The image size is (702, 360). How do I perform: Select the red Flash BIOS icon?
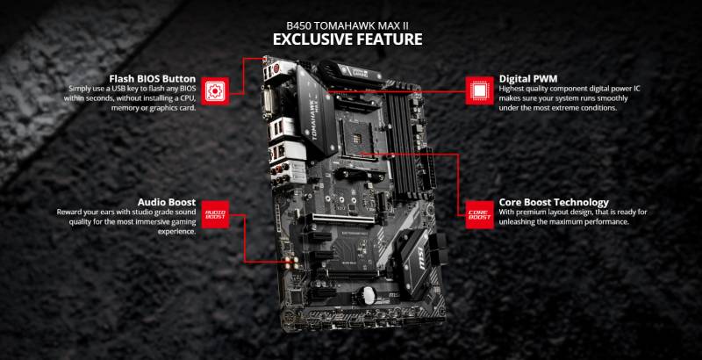[213, 89]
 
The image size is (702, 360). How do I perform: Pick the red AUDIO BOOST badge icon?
[214, 213]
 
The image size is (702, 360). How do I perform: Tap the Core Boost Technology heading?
[554, 201]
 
